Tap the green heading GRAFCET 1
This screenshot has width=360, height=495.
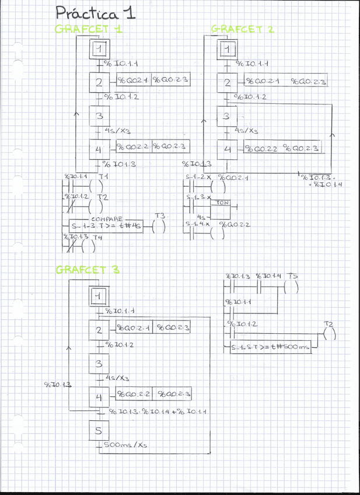coord(89,29)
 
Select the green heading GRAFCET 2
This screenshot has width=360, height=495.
coord(242,29)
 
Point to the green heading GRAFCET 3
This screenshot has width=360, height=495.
coord(88,270)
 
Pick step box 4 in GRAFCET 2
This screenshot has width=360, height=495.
coord(228,149)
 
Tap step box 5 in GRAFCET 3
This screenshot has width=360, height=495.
coord(97,432)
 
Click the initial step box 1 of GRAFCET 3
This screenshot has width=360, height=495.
coord(98,297)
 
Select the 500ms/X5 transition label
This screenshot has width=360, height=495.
coord(124,445)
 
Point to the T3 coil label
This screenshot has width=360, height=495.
coord(160,216)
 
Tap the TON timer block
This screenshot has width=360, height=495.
coord(222,203)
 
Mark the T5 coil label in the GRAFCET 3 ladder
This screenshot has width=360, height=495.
coord(293,276)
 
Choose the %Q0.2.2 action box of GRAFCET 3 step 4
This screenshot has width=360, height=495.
coord(134,394)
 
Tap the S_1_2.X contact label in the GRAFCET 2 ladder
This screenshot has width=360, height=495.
coord(198,177)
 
